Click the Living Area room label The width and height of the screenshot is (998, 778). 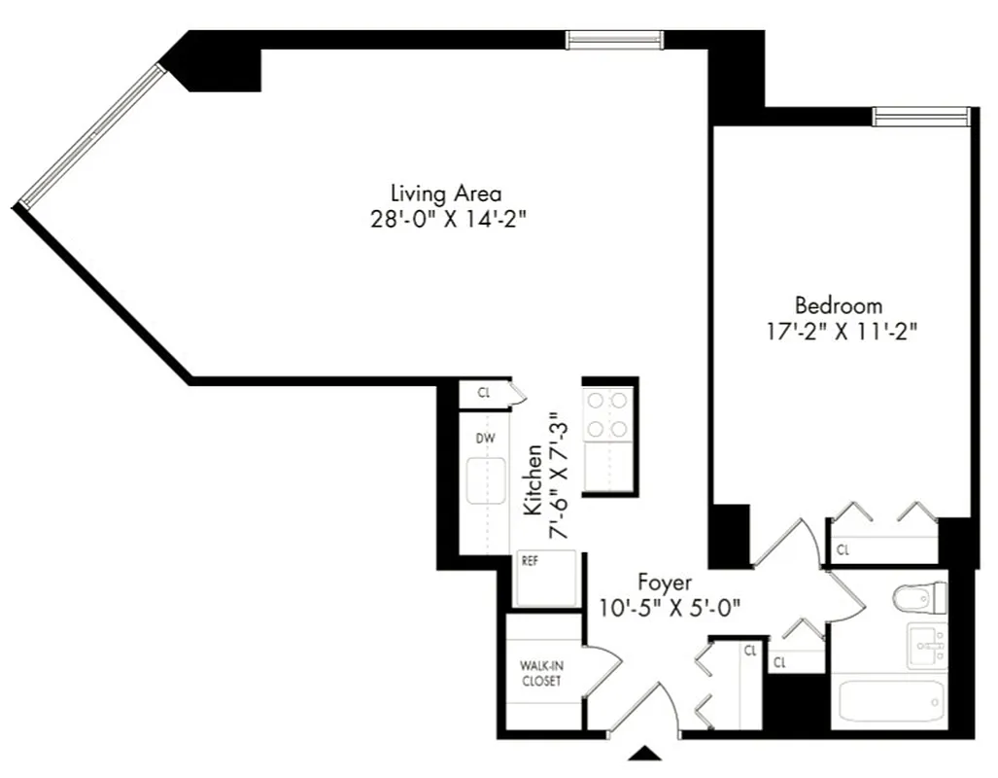(x=446, y=192)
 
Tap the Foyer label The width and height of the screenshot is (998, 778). (x=665, y=583)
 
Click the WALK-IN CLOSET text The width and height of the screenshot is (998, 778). (x=540, y=673)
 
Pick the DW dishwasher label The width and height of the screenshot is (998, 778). (x=485, y=439)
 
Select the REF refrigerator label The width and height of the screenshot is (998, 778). (x=530, y=561)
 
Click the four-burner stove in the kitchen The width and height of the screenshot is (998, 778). (x=606, y=413)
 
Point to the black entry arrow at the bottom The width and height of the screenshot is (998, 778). (x=645, y=752)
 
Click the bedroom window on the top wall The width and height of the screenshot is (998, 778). (x=920, y=117)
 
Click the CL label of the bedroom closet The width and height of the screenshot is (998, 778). (x=843, y=550)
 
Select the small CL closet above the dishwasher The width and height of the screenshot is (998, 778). (x=484, y=393)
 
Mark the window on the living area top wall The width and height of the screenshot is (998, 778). (x=615, y=39)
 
